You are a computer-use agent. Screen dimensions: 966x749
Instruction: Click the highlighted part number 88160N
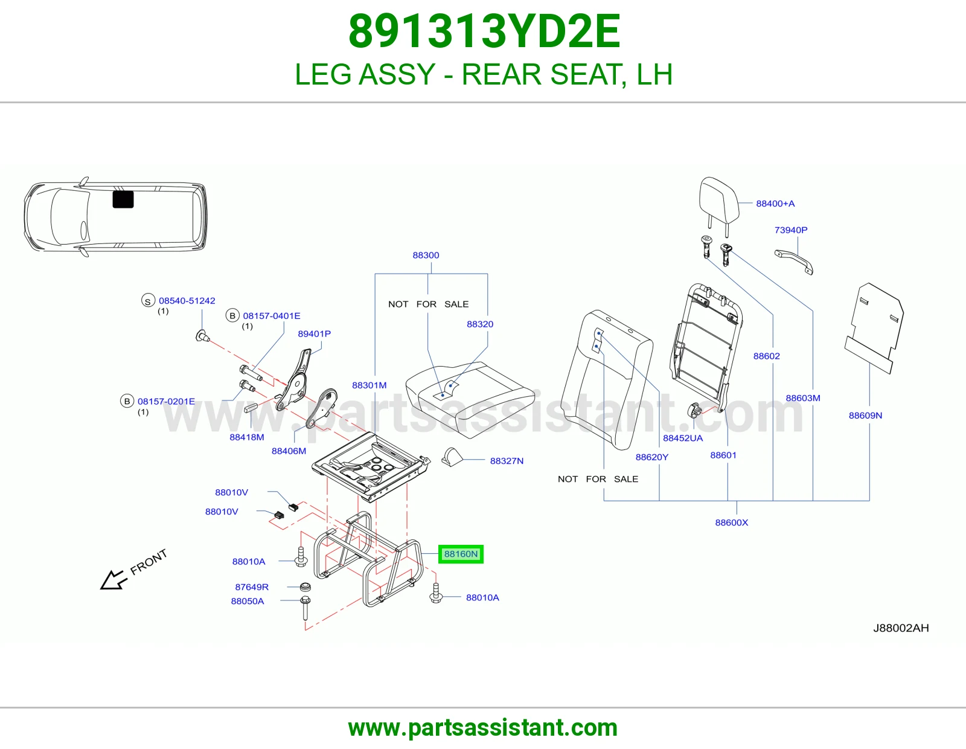[x=461, y=554]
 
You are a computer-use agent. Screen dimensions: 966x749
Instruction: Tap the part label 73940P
[x=791, y=230]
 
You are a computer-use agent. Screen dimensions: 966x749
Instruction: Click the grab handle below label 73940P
[x=794, y=262]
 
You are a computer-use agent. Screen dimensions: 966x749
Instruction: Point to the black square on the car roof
[x=123, y=199]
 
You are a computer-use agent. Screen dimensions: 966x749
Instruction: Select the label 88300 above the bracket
[x=426, y=256]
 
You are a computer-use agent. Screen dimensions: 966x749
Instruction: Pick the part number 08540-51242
[x=187, y=301]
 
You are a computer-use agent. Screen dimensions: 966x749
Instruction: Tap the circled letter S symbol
[x=148, y=301]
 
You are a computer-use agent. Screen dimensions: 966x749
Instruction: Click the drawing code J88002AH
[x=901, y=628]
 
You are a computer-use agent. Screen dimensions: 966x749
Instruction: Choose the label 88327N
[x=507, y=461]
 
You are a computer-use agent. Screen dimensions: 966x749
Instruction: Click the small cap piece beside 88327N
[x=452, y=457]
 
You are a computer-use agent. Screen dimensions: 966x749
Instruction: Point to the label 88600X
[x=732, y=522]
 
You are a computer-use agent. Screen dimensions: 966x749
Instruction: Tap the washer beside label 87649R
[x=305, y=587]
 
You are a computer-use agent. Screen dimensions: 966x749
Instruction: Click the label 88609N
[x=866, y=416]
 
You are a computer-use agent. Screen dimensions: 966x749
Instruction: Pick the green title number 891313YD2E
[x=484, y=31]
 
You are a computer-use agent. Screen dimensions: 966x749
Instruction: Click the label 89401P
[x=315, y=333]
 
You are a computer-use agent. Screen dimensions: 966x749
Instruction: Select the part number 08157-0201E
[x=166, y=401]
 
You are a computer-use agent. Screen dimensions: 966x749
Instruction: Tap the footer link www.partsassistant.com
[x=483, y=728]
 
